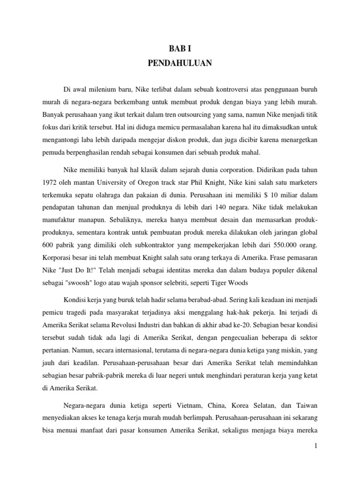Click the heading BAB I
[x=180, y=48]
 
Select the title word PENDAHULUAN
[x=180, y=64]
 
